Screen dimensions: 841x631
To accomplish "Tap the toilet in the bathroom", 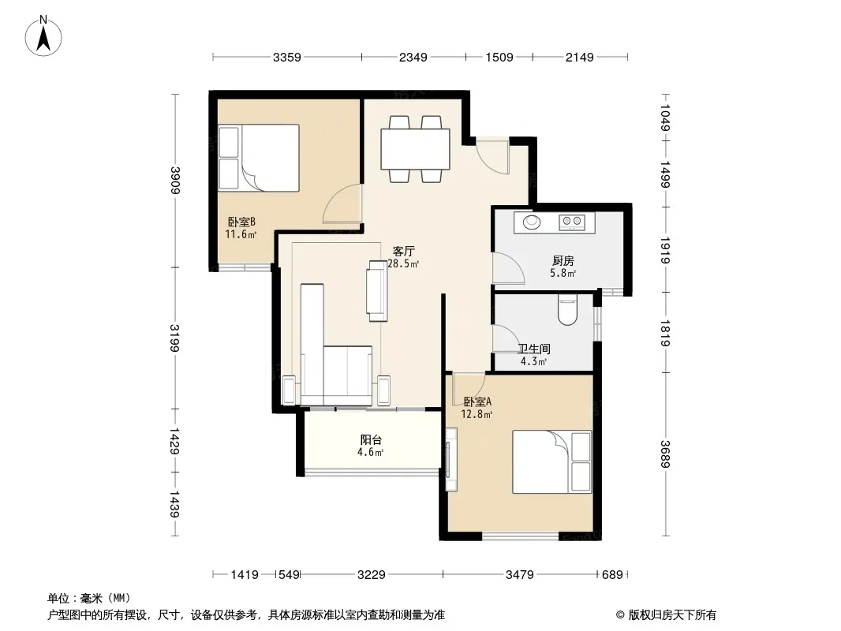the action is click(567, 310).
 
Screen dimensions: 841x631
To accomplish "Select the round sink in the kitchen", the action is click(532, 222).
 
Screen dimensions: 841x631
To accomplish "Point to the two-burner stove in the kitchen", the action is click(572, 221).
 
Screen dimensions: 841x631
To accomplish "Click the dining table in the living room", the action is click(415, 148).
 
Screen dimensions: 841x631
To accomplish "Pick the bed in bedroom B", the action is click(259, 158).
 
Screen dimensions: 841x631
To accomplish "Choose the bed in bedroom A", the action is click(552, 461).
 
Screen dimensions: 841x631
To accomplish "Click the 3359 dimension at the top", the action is click(287, 57).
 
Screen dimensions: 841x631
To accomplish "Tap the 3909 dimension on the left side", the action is click(175, 180).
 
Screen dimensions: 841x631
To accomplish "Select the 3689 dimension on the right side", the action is click(665, 454).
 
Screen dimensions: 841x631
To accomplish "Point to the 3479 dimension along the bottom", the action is click(520, 575).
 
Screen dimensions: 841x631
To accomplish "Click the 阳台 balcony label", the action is click(371, 439).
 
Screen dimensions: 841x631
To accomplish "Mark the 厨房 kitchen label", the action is click(563, 260).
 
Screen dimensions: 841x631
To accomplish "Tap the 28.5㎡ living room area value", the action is click(403, 263).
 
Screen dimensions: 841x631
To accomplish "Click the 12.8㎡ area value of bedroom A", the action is click(477, 414).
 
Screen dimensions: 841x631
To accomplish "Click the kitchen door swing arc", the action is click(511, 265).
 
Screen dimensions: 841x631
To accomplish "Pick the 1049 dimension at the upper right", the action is click(665, 117).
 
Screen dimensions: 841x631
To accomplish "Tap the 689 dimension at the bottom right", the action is click(612, 575).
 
